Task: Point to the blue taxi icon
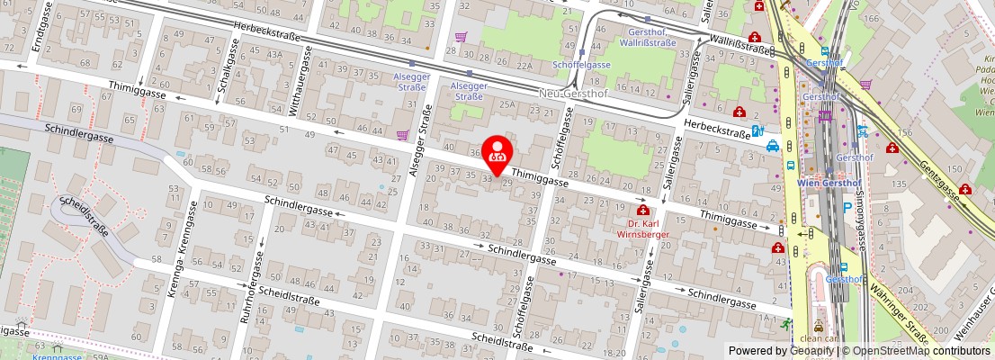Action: coord(773,148)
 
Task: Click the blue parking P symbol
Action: coord(847,207)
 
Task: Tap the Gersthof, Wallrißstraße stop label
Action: coord(650,36)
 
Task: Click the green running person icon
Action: coord(787,324)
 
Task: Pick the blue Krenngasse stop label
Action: coord(58,356)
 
